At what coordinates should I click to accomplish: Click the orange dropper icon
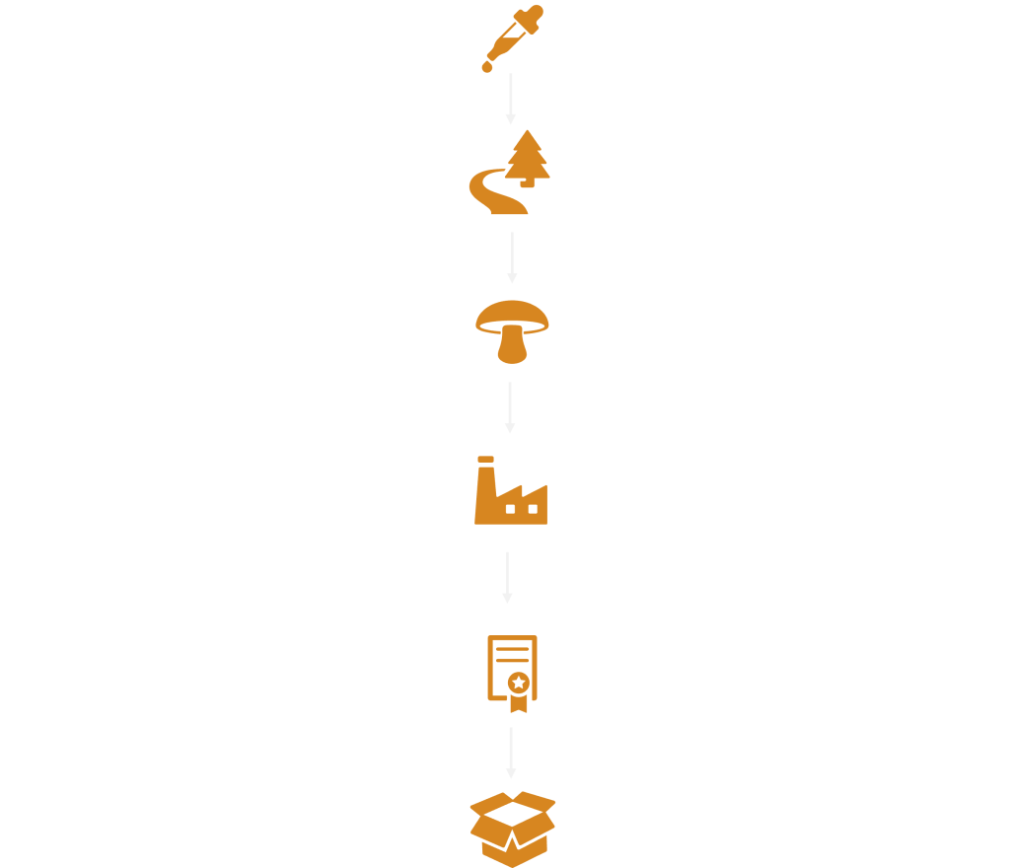509,42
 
